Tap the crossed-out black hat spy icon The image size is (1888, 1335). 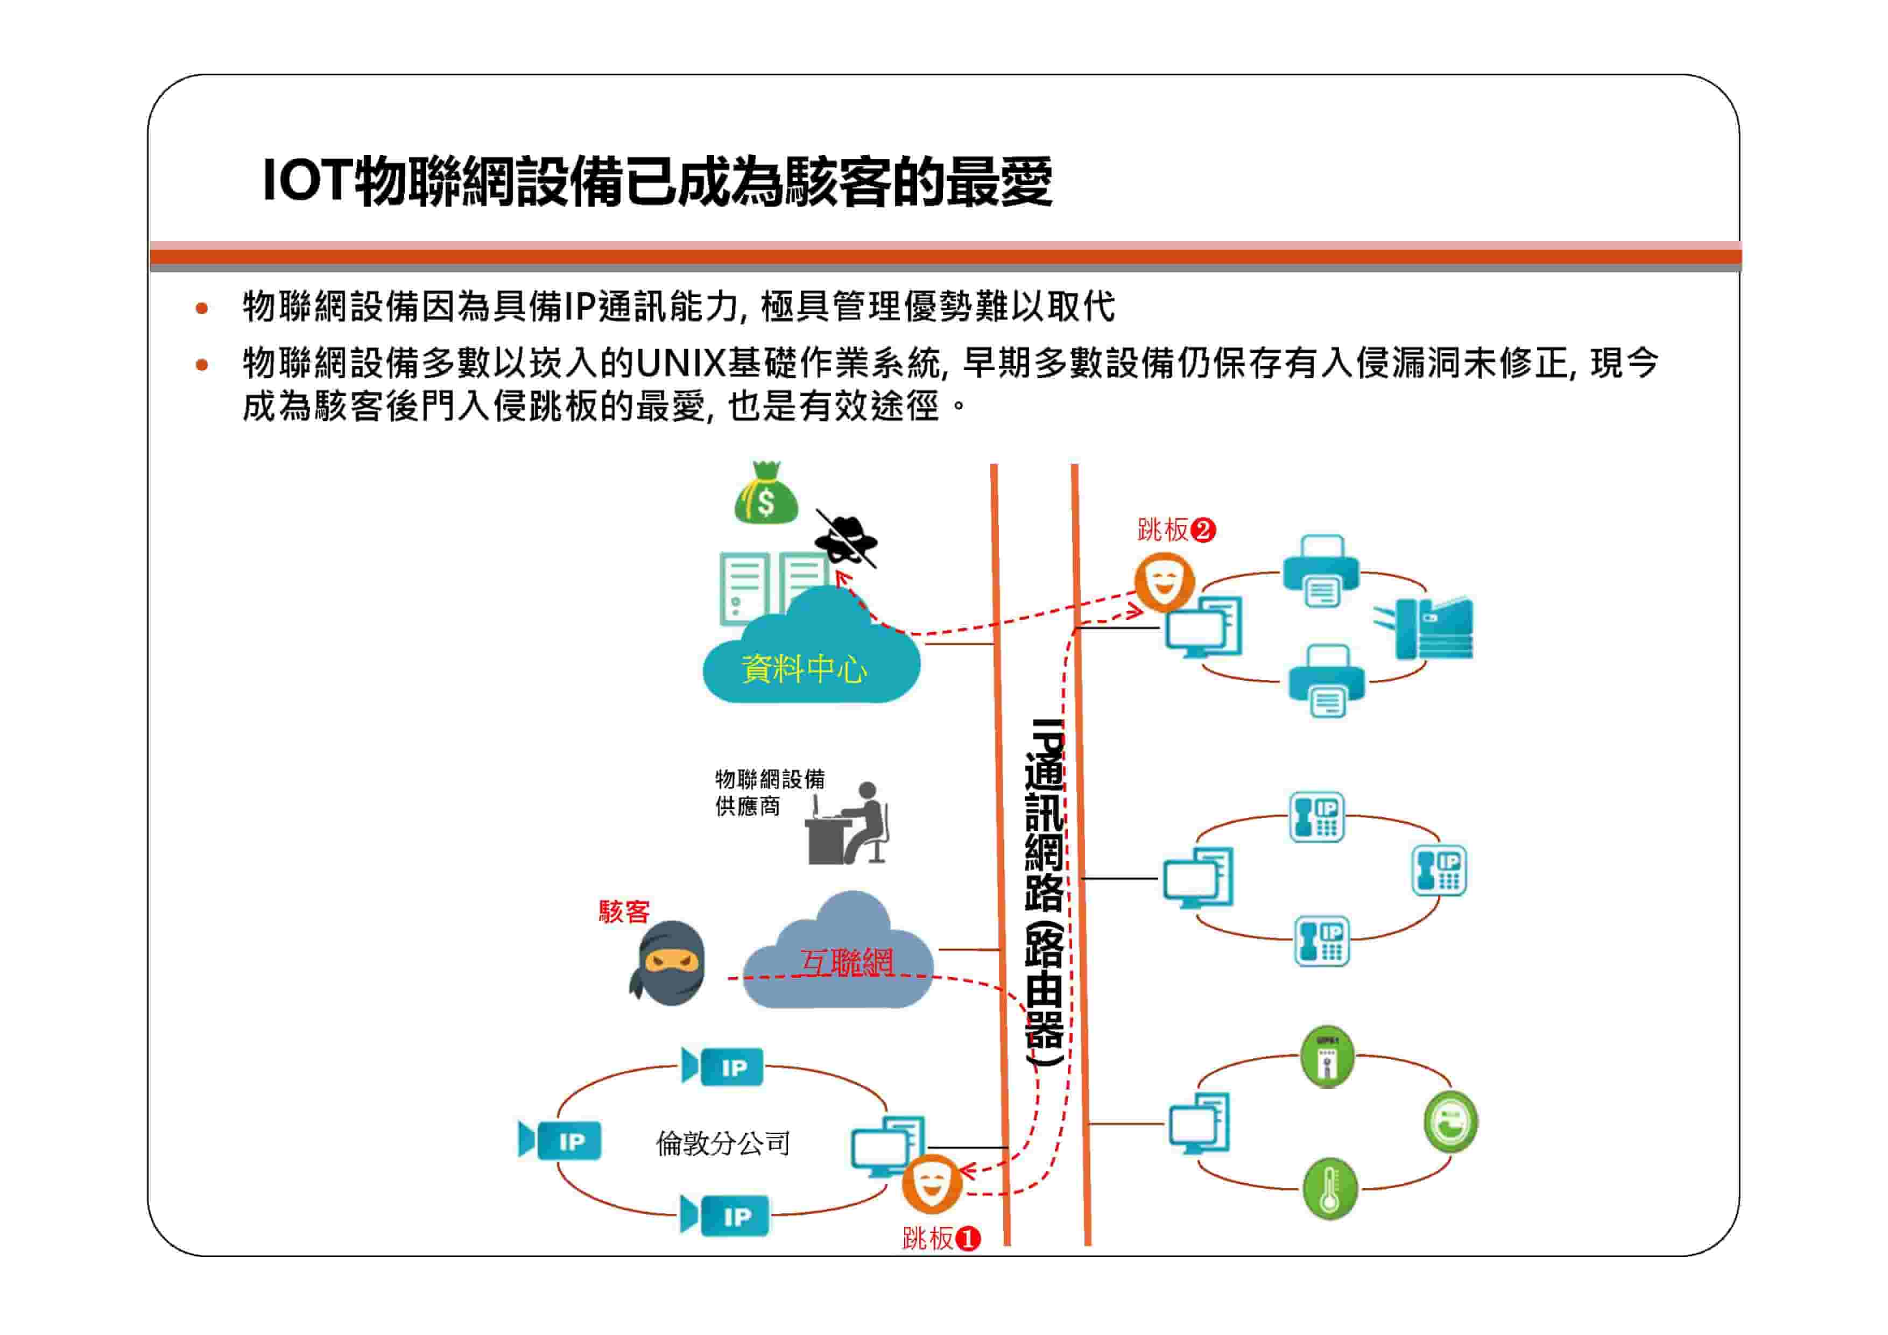click(x=846, y=539)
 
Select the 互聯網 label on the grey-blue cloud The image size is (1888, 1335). click(x=847, y=962)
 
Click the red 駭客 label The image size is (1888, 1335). click(x=624, y=911)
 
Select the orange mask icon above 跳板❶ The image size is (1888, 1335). click(x=931, y=1184)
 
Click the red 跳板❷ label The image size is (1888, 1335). click(x=1177, y=530)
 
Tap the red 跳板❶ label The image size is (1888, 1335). click(x=941, y=1238)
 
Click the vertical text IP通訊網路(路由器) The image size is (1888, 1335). click(x=1045, y=893)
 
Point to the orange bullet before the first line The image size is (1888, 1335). click(x=201, y=308)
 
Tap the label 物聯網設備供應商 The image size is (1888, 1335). click(x=770, y=793)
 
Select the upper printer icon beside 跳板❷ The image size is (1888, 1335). click(x=1321, y=570)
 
